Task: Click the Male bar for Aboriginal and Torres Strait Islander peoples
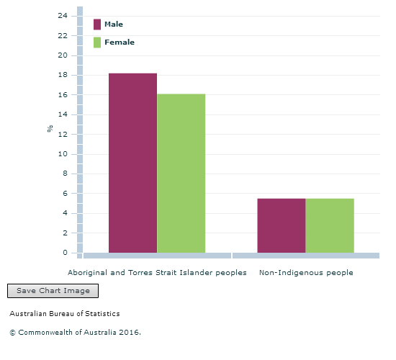click(x=133, y=163)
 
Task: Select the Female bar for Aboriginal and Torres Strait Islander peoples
click(x=181, y=174)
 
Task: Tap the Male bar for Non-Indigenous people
click(x=282, y=225)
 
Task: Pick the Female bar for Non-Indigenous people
click(x=330, y=225)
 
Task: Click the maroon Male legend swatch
click(x=97, y=24)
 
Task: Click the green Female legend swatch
click(x=97, y=42)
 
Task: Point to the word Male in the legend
click(x=114, y=24)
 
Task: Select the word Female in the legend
click(x=120, y=42)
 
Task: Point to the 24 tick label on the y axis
click(x=63, y=16)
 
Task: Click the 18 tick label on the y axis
click(x=63, y=75)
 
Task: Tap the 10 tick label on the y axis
click(x=63, y=154)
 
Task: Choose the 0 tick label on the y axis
click(x=65, y=253)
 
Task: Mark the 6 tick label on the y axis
click(x=65, y=193)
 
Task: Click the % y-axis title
click(x=50, y=128)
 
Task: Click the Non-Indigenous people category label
click(x=306, y=273)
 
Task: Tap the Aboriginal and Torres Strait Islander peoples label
click(x=157, y=273)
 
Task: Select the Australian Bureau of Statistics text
click(x=65, y=313)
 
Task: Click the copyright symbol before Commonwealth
click(x=12, y=333)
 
